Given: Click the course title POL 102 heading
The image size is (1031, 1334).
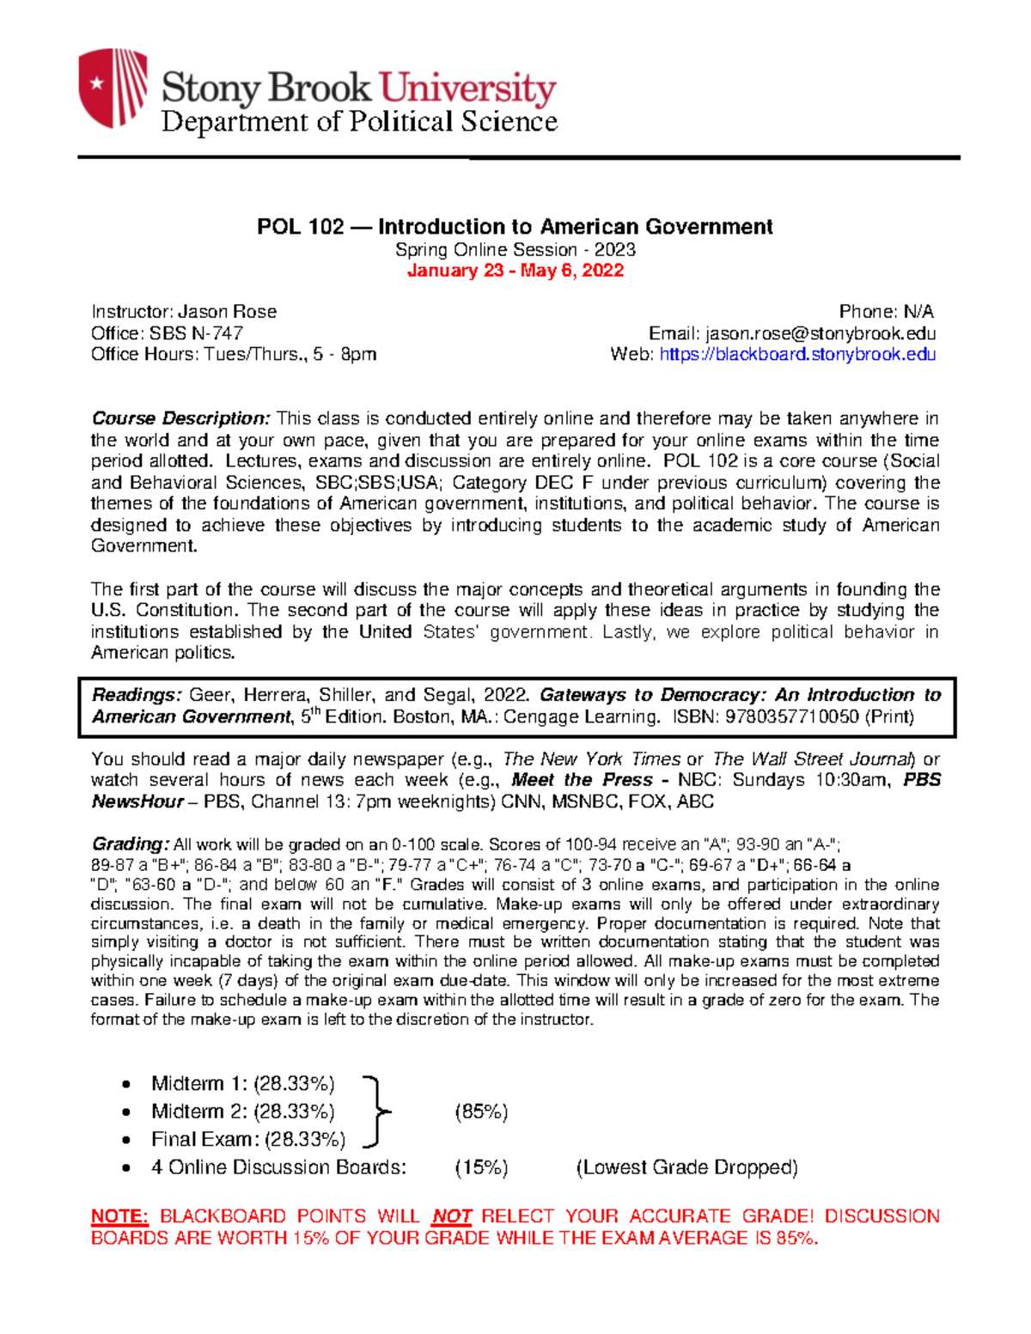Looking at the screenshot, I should point(515,227).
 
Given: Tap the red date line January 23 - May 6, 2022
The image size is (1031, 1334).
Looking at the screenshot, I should point(515,271).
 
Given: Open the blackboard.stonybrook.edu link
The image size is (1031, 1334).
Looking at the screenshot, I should point(797,354).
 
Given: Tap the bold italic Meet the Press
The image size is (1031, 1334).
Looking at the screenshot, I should point(582,780).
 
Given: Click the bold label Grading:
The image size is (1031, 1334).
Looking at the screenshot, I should point(130,844).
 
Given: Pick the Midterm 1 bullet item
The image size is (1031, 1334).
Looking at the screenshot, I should point(242,1083).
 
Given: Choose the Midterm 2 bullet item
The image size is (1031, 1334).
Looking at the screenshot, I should point(242,1112).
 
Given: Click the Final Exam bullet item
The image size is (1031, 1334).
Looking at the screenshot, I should point(247,1139).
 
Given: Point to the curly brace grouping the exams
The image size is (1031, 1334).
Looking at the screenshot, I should point(375,1112).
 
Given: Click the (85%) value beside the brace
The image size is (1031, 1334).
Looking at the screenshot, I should point(481,1112).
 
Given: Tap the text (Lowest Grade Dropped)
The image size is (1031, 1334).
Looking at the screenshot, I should point(686,1167).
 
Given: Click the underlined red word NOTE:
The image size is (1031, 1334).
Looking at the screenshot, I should point(119,1216).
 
